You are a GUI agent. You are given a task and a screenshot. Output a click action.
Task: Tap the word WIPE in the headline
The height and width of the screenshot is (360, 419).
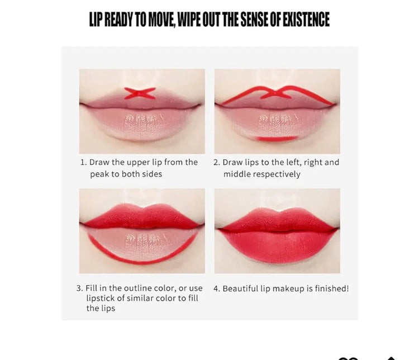tap(189, 19)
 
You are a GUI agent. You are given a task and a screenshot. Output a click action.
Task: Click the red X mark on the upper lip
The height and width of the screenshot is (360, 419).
tap(140, 93)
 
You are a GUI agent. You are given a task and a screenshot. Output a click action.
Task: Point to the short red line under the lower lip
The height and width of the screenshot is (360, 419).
tap(277, 139)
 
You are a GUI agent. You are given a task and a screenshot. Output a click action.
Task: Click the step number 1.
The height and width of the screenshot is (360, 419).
tap(83, 162)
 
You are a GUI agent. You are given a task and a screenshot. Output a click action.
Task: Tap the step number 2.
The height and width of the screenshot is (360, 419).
tap(216, 162)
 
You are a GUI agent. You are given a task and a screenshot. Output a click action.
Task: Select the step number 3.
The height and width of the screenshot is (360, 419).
tap(79, 288)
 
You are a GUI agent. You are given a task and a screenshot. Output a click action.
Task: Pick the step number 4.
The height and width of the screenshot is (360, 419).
tap(216, 289)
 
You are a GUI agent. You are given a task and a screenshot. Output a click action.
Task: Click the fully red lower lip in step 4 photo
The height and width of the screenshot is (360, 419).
tap(278, 245)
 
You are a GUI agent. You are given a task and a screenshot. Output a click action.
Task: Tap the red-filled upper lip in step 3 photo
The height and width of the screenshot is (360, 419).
tap(142, 217)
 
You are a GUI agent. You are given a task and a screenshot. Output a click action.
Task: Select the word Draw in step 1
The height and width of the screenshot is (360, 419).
tap(99, 162)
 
